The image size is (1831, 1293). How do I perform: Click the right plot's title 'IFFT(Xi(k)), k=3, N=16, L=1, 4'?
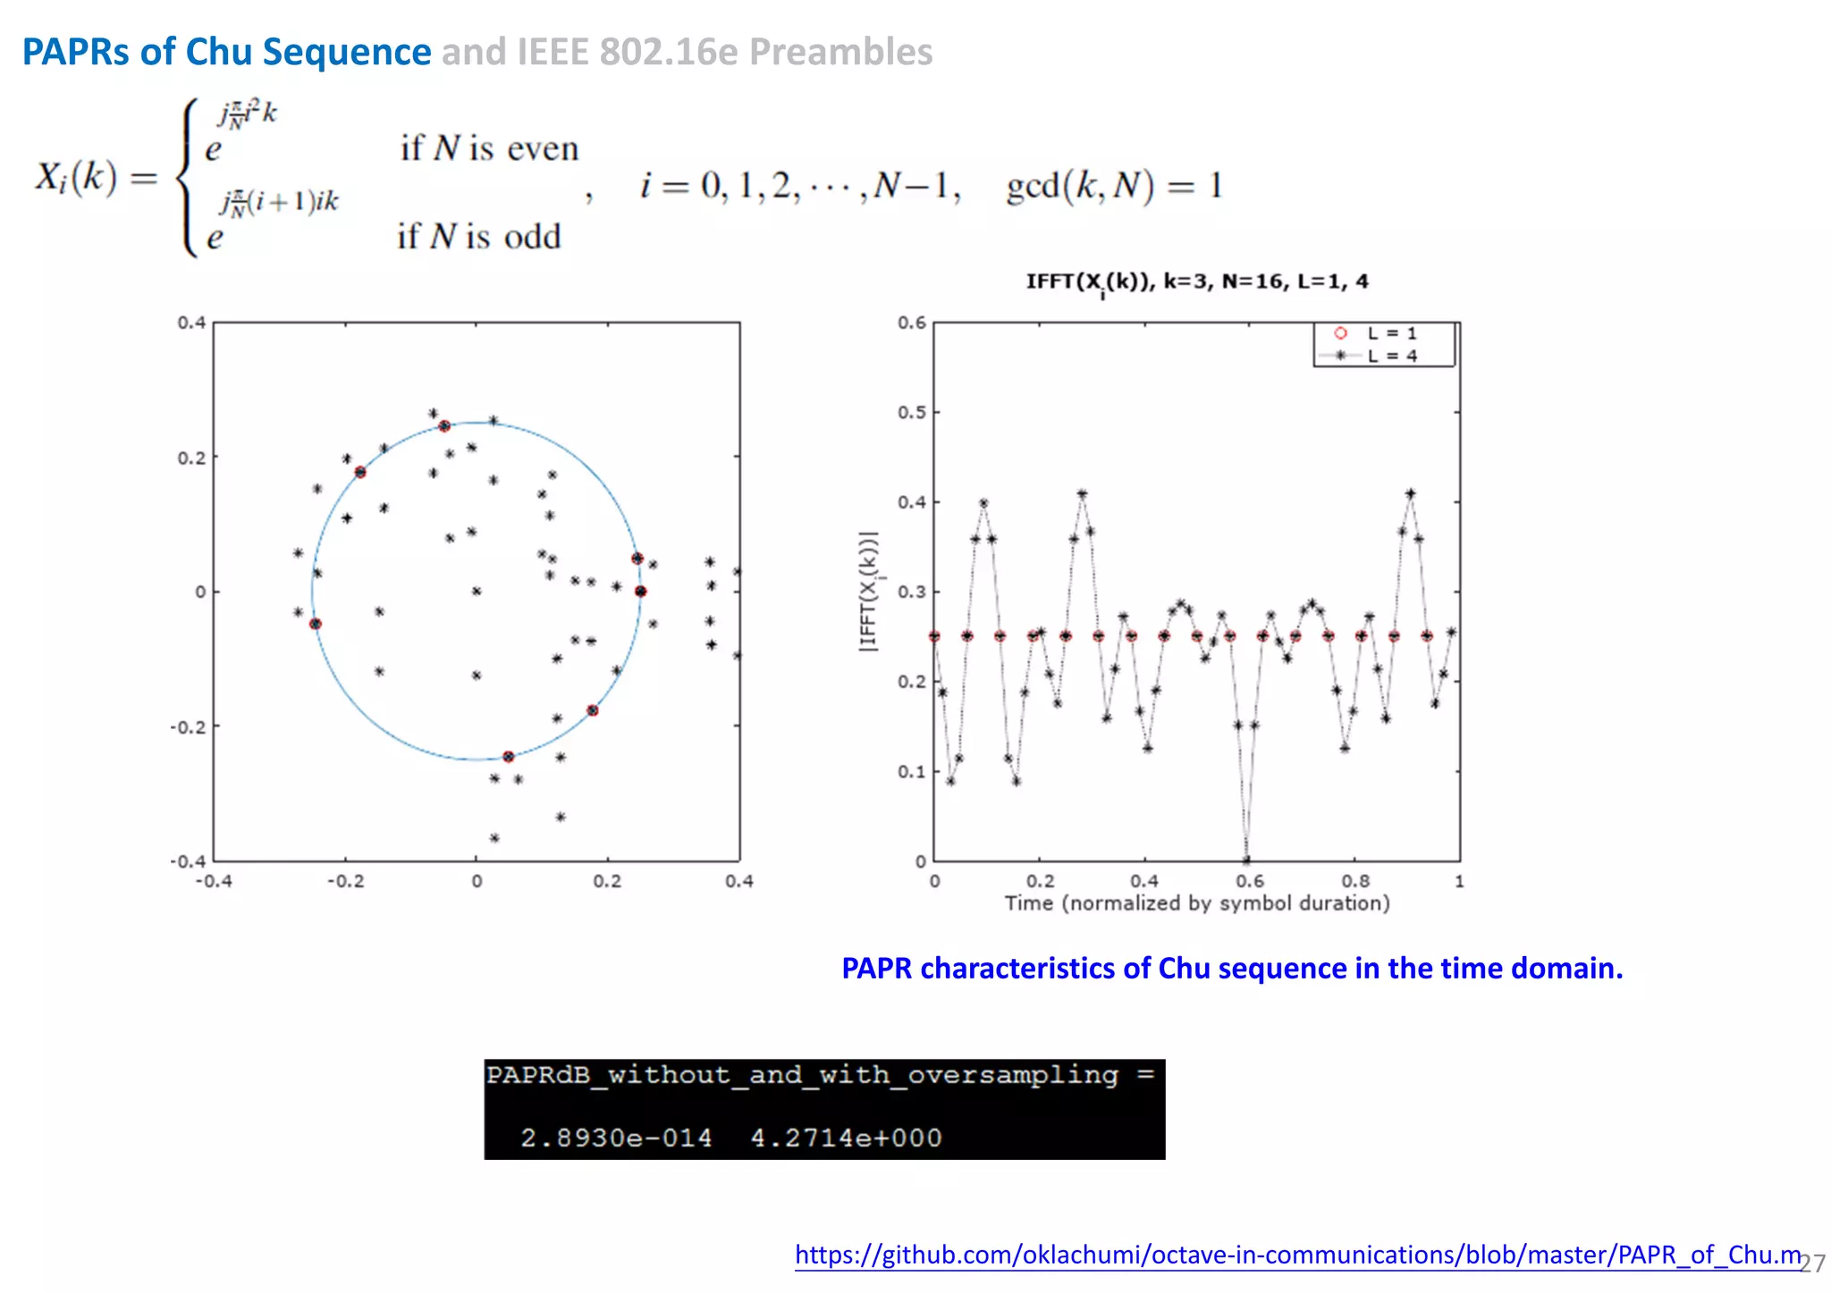pos(1196,282)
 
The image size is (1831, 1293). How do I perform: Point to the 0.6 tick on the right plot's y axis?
pos(912,323)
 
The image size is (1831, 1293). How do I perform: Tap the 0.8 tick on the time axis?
pos(1354,881)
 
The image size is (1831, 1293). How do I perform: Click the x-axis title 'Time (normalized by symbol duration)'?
pos(1196,903)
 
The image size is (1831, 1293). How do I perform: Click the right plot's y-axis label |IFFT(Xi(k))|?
pos(868,592)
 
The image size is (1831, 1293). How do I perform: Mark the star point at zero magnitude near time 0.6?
pos(1246,860)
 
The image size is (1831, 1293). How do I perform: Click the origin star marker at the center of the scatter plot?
pos(477,591)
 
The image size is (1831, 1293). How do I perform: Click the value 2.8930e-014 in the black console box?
pos(616,1138)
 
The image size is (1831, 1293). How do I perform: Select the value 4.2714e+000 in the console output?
pos(846,1138)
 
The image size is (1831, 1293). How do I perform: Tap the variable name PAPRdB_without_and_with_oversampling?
pos(802,1075)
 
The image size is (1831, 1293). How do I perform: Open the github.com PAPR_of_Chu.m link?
pos(1297,1255)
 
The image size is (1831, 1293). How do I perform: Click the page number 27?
pos(1812,1264)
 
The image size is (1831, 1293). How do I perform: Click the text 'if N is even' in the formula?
pos(489,148)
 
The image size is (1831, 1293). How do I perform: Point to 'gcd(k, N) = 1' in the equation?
pos(1113,186)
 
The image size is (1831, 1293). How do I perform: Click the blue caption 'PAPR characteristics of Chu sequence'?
pos(1231,969)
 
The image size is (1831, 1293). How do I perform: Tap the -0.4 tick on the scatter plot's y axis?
pos(189,861)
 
